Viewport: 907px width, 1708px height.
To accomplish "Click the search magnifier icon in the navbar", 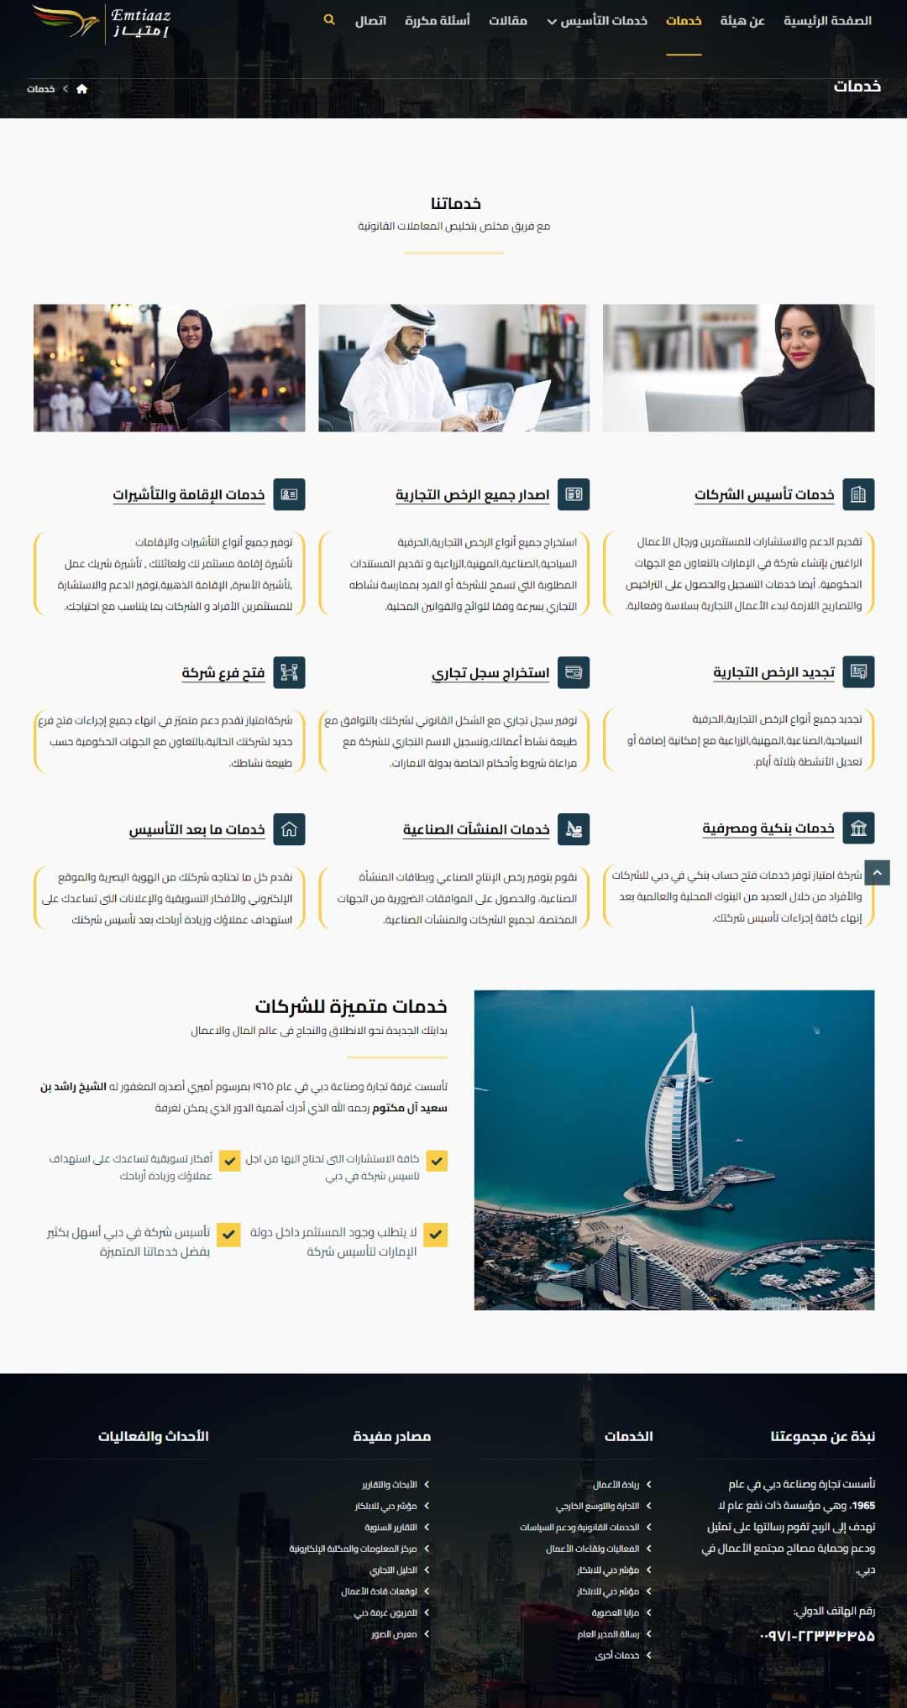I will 329,20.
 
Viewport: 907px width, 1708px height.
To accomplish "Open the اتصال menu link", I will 370,21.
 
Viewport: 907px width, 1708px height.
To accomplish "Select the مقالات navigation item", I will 508,21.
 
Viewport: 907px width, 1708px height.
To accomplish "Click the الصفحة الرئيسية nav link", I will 827,21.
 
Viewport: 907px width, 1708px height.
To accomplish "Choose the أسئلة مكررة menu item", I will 438,21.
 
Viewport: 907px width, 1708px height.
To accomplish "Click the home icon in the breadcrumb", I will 81,89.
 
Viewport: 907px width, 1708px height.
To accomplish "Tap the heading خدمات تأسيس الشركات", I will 764,494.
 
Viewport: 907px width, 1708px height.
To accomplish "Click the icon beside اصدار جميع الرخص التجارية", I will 574,494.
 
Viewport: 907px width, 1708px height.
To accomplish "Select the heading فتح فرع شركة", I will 223,672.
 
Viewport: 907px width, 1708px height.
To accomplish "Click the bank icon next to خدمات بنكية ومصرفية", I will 858,828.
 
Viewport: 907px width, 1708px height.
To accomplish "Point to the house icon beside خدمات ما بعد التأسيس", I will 289,829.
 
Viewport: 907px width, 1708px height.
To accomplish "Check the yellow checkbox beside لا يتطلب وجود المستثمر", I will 436,1234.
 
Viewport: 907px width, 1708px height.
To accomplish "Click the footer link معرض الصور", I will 394,1634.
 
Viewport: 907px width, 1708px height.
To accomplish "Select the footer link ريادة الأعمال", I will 616,1485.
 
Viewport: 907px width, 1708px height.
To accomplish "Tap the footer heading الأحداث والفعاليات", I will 154,1436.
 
